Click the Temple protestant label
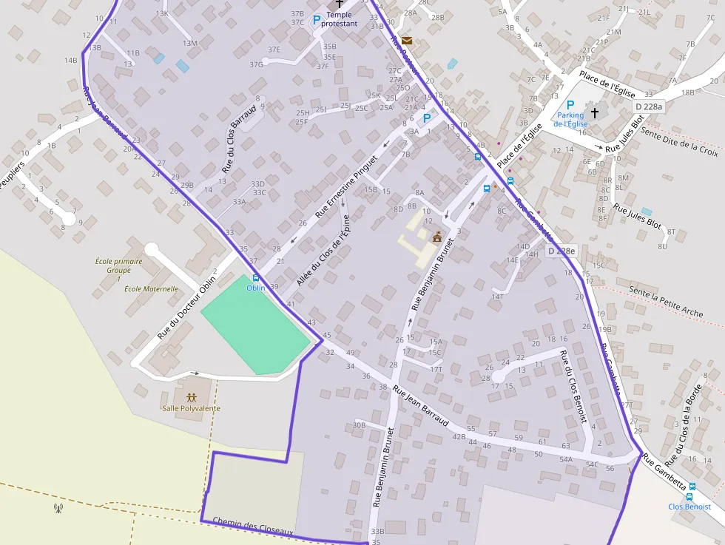pos(339,19)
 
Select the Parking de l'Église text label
pos(570,119)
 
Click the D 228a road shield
pos(649,107)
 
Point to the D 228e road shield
pos(562,251)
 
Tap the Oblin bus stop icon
pos(256,278)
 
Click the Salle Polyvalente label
pos(191,408)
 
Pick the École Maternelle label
pos(151,289)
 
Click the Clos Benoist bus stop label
pos(689,507)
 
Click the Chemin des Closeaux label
pos(253,527)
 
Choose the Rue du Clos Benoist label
pos(574,386)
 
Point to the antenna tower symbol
pos(58,508)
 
